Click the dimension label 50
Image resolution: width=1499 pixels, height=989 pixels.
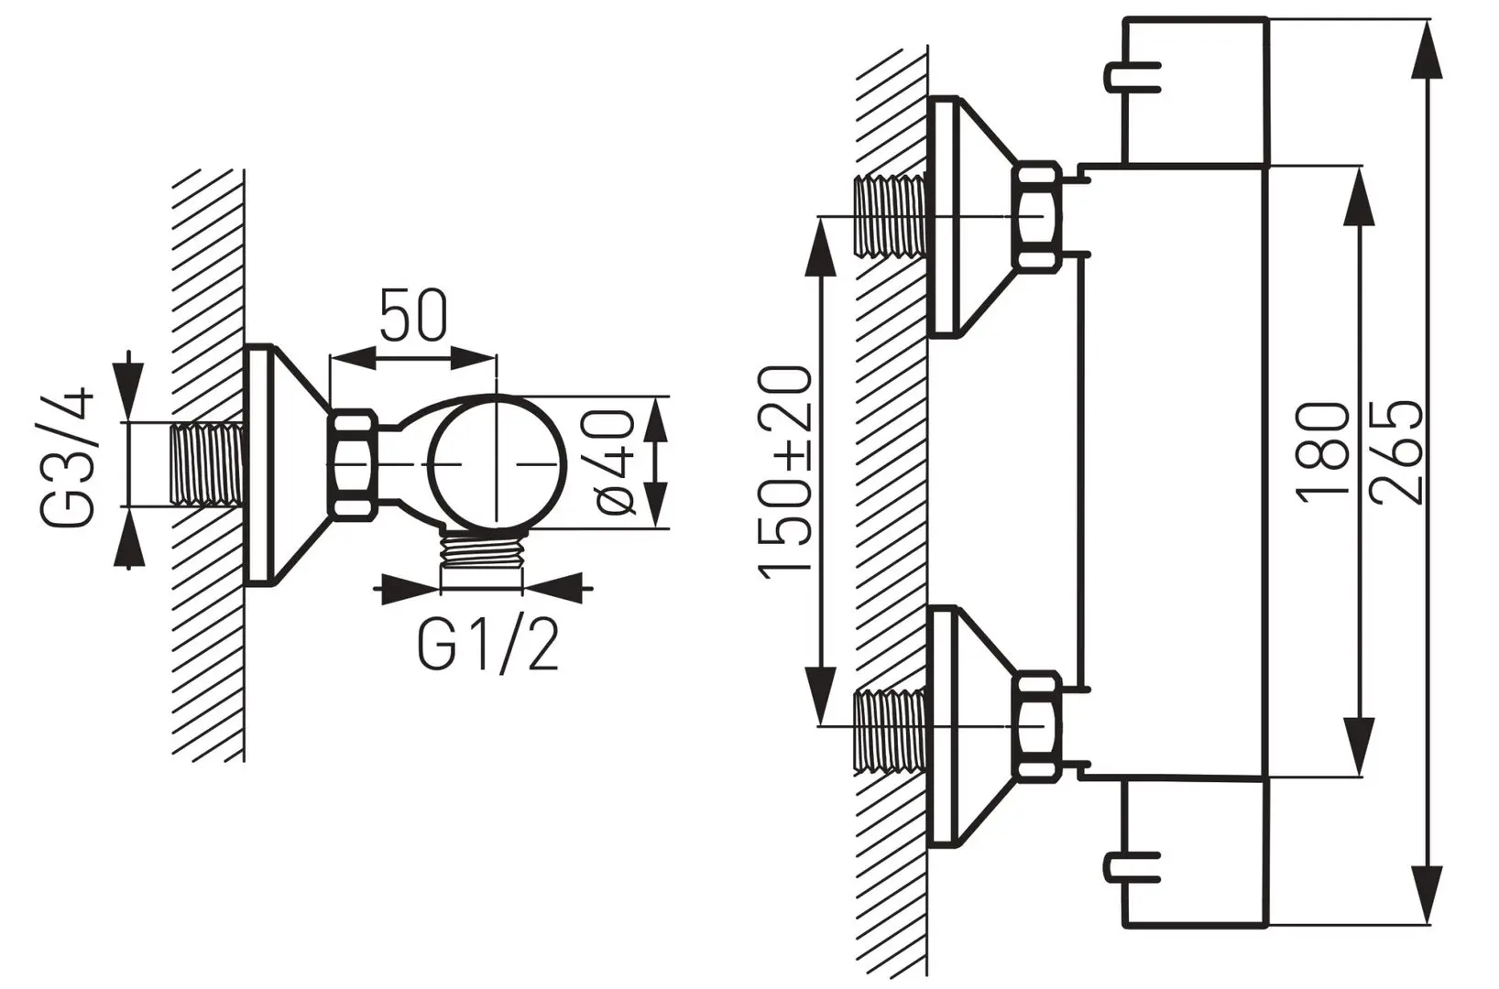pyautogui.click(x=414, y=316)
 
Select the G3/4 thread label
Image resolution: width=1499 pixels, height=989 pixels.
pyautogui.click(x=68, y=457)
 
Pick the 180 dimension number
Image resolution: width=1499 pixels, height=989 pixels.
pyautogui.click(x=1323, y=451)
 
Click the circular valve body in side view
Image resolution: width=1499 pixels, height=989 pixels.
pyautogui.click(x=496, y=464)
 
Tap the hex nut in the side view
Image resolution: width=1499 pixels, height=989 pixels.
pyautogui.click(x=354, y=464)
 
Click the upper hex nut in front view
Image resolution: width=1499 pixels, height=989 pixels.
pyautogui.click(x=1038, y=216)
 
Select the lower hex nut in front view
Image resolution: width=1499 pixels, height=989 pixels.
pyautogui.click(x=1038, y=725)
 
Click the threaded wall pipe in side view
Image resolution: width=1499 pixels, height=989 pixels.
pyautogui.click(x=207, y=462)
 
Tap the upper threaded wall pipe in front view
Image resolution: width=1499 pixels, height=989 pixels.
pyautogui.click(x=889, y=216)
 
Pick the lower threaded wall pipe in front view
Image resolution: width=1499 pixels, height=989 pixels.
pyautogui.click(x=889, y=730)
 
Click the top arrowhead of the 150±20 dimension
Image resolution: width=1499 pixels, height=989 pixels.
pyautogui.click(x=818, y=245)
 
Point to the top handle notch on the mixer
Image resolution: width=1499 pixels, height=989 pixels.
pyautogui.click(x=1134, y=76)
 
